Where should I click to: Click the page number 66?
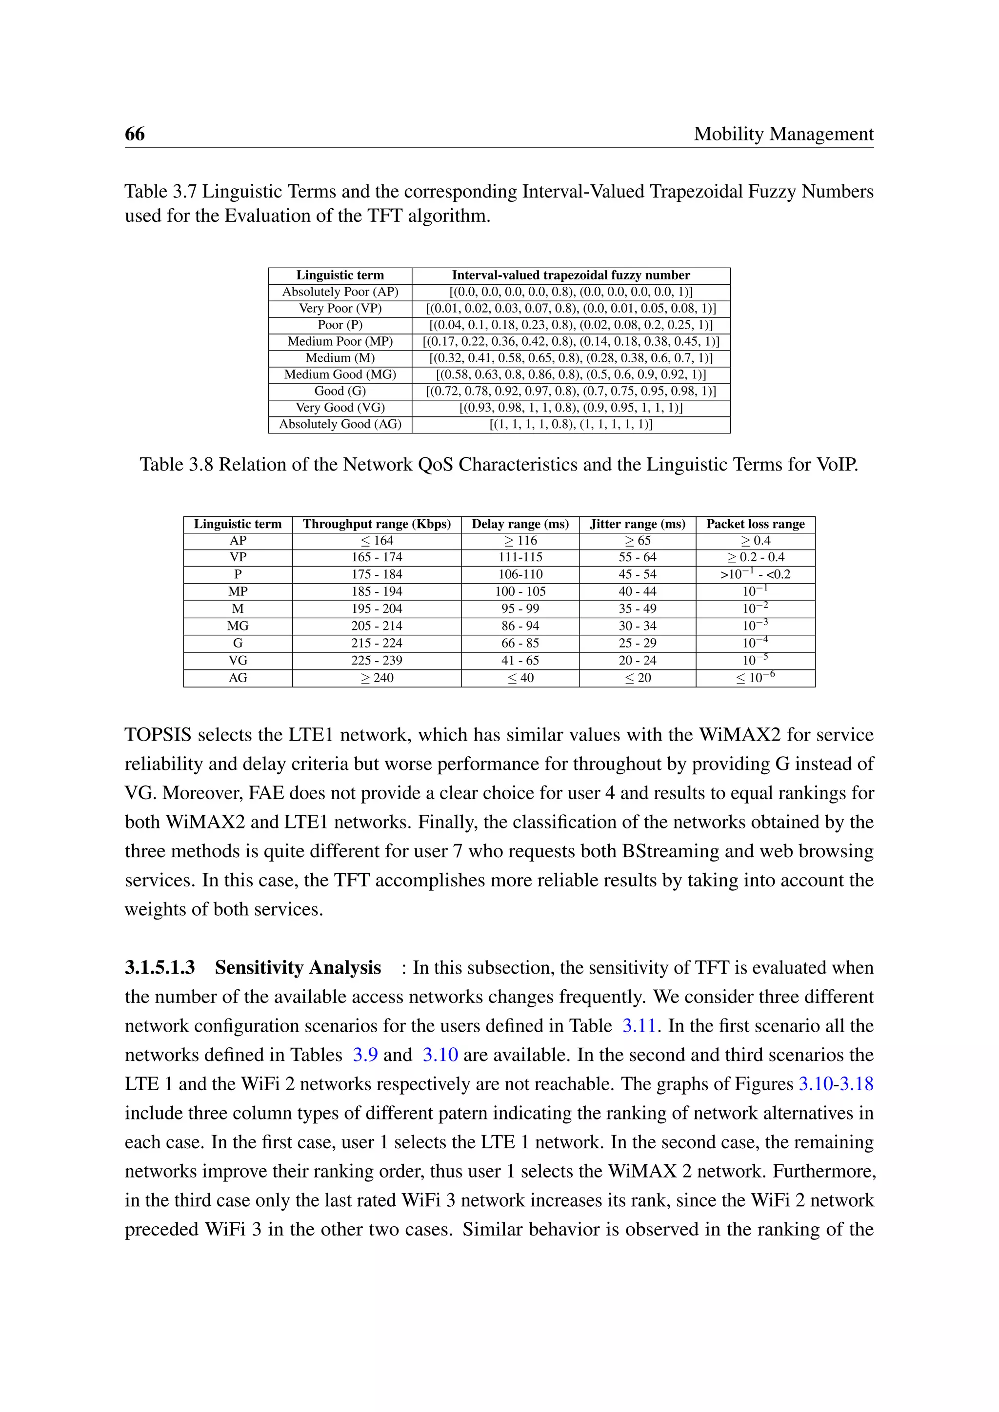(135, 134)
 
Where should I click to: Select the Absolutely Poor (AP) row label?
(340, 292)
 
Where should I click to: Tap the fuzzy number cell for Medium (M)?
(570, 358)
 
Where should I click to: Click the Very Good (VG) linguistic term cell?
(340, 408)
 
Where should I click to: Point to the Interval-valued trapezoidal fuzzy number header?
(570, 275)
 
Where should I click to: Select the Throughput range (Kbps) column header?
(377, 524)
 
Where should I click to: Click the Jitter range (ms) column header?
(637, 524)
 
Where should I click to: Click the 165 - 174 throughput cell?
(377, 557)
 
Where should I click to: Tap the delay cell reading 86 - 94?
(520, 626)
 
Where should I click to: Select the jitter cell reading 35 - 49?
(637, 609)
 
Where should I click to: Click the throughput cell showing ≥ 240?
(377, 678)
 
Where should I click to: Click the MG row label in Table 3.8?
(238, 626)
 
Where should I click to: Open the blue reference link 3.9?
(365, 1055)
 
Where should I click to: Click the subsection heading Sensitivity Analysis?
(298, 967)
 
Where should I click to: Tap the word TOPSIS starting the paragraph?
(158, 735)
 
